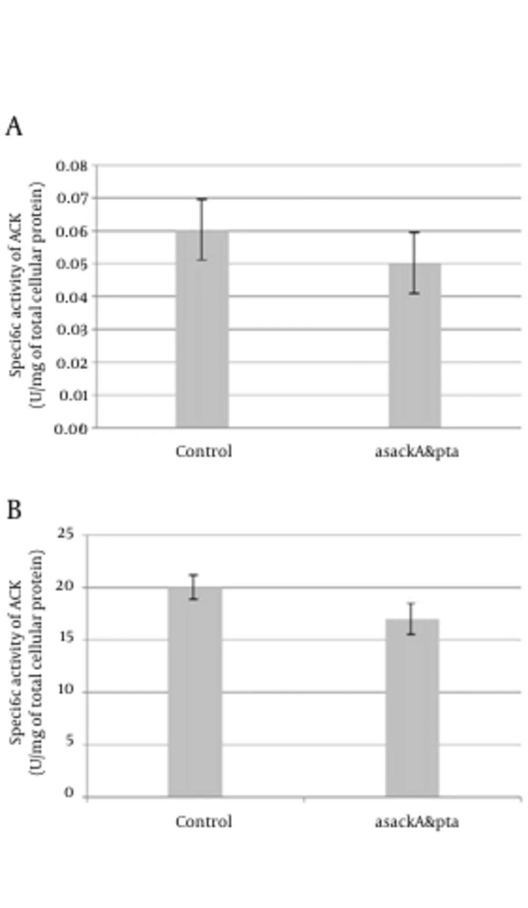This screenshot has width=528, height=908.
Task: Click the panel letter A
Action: coord(14,127)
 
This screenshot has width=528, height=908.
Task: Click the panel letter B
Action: coord(14,510)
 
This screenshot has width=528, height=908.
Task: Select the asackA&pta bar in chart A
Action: coord(415,345)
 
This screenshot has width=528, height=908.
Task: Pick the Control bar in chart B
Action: coord(195,692)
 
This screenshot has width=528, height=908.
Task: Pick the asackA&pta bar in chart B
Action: coord(412,708)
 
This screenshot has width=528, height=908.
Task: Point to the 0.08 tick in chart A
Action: coord(72,166)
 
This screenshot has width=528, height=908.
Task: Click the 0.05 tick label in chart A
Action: coord(72,264)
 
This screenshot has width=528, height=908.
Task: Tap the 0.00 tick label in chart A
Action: coord(71,428)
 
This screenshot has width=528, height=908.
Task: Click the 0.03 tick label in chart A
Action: coord(72,330)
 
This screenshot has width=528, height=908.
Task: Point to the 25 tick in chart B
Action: coord(66,535)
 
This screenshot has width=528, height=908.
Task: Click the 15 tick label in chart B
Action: coord(66,639)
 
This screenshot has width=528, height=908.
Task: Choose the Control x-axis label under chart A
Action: coord(204,452)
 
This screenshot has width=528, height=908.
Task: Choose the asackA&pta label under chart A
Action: coord(417,452)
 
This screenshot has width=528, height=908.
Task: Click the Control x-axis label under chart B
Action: coord(204,822)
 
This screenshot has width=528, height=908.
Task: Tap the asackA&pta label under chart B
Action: coord(417,822)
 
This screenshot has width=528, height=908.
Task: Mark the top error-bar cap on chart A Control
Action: coord(202,199)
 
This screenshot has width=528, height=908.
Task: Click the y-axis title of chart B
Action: coord(26,662)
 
